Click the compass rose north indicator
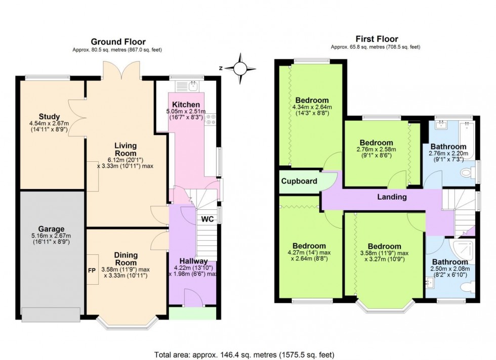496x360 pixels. click(241, 68)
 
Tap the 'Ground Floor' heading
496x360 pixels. click(118, 41)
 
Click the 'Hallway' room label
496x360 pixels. click(193, 261)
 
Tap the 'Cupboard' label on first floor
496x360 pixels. click(299, 181)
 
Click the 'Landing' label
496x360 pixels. click(392, 197)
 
